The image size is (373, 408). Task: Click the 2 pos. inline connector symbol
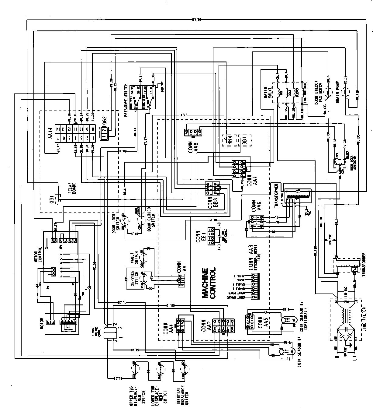coord(109,332)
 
